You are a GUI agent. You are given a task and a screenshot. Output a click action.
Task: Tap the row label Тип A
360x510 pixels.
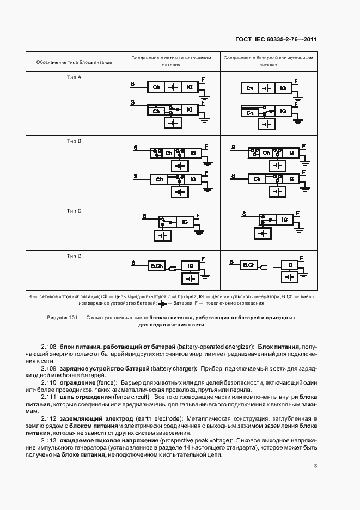[x=74, y=77]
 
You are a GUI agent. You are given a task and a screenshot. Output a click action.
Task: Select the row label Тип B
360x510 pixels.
[x=74, y=141]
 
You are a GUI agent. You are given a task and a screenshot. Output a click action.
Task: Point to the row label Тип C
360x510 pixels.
[x=74, y=210]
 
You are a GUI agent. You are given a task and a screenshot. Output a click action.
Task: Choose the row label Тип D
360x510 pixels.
[x=74, y=256]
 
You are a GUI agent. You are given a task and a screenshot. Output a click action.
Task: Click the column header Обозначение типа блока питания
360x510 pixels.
[x=74, y=62]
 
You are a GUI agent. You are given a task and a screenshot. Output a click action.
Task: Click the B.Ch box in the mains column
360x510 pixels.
[x=157, y=266]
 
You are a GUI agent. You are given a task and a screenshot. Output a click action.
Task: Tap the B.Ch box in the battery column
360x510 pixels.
[x=249, y=265]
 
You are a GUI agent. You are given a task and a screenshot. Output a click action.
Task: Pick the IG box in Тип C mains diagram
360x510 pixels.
[x=186, y=222]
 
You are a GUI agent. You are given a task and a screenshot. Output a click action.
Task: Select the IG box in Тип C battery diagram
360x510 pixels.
[x=283, y=220]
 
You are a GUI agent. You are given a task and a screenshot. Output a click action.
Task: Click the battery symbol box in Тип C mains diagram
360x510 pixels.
[x=162, y=235]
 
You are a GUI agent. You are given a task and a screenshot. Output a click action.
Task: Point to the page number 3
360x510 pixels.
[x=315, y=465]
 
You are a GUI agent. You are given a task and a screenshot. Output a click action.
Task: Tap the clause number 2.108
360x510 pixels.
[x=49, y=347]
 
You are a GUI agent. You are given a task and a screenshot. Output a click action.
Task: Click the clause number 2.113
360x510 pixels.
[x=49, y=440]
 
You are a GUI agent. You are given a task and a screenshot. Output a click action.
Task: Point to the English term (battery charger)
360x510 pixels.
[x=172, y=368]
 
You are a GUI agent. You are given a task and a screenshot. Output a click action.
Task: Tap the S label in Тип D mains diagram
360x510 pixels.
[x=133, y=263]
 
